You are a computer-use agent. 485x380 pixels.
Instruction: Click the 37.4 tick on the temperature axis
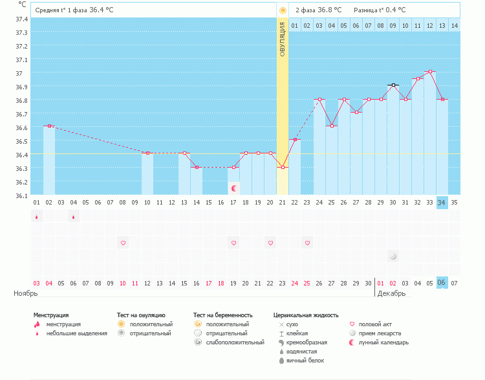click(x=21, y=18)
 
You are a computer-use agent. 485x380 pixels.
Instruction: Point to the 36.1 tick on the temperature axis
click(x=21, y=196)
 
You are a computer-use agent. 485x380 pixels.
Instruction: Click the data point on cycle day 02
click(x=49, y=126)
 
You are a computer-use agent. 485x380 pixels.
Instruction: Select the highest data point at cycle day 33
click(x=430, y=71)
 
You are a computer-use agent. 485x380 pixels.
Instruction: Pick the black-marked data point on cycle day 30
click(x=393, y=85)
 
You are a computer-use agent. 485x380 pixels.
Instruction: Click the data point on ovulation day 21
click(x=283, y=167)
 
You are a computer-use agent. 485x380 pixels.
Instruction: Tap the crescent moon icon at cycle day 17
click(x=234, y=188)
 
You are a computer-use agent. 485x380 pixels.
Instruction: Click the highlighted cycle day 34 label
click(x=442, y=203)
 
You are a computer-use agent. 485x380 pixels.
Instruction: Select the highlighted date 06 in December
click(x=442, y=283)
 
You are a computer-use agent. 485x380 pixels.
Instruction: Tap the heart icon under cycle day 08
click(x=123, y=243)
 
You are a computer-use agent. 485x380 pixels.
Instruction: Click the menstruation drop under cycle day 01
click(x=37, y=217)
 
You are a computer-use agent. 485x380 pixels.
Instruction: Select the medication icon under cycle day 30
click(x=393, y=257)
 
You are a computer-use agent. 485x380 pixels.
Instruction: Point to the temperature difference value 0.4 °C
click(x=394, y=10)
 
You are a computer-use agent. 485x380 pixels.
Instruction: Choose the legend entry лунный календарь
click(x=383, y=342)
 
